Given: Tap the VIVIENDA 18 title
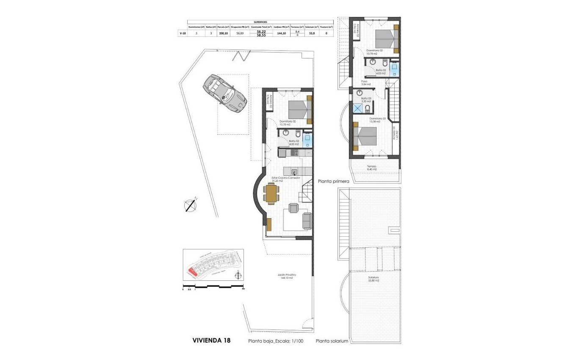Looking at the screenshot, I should click(211, 340).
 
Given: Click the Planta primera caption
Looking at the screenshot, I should click(333, 181).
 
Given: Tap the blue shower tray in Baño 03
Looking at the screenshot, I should click(358, 108).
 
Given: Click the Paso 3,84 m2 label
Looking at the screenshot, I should click(366, 83).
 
